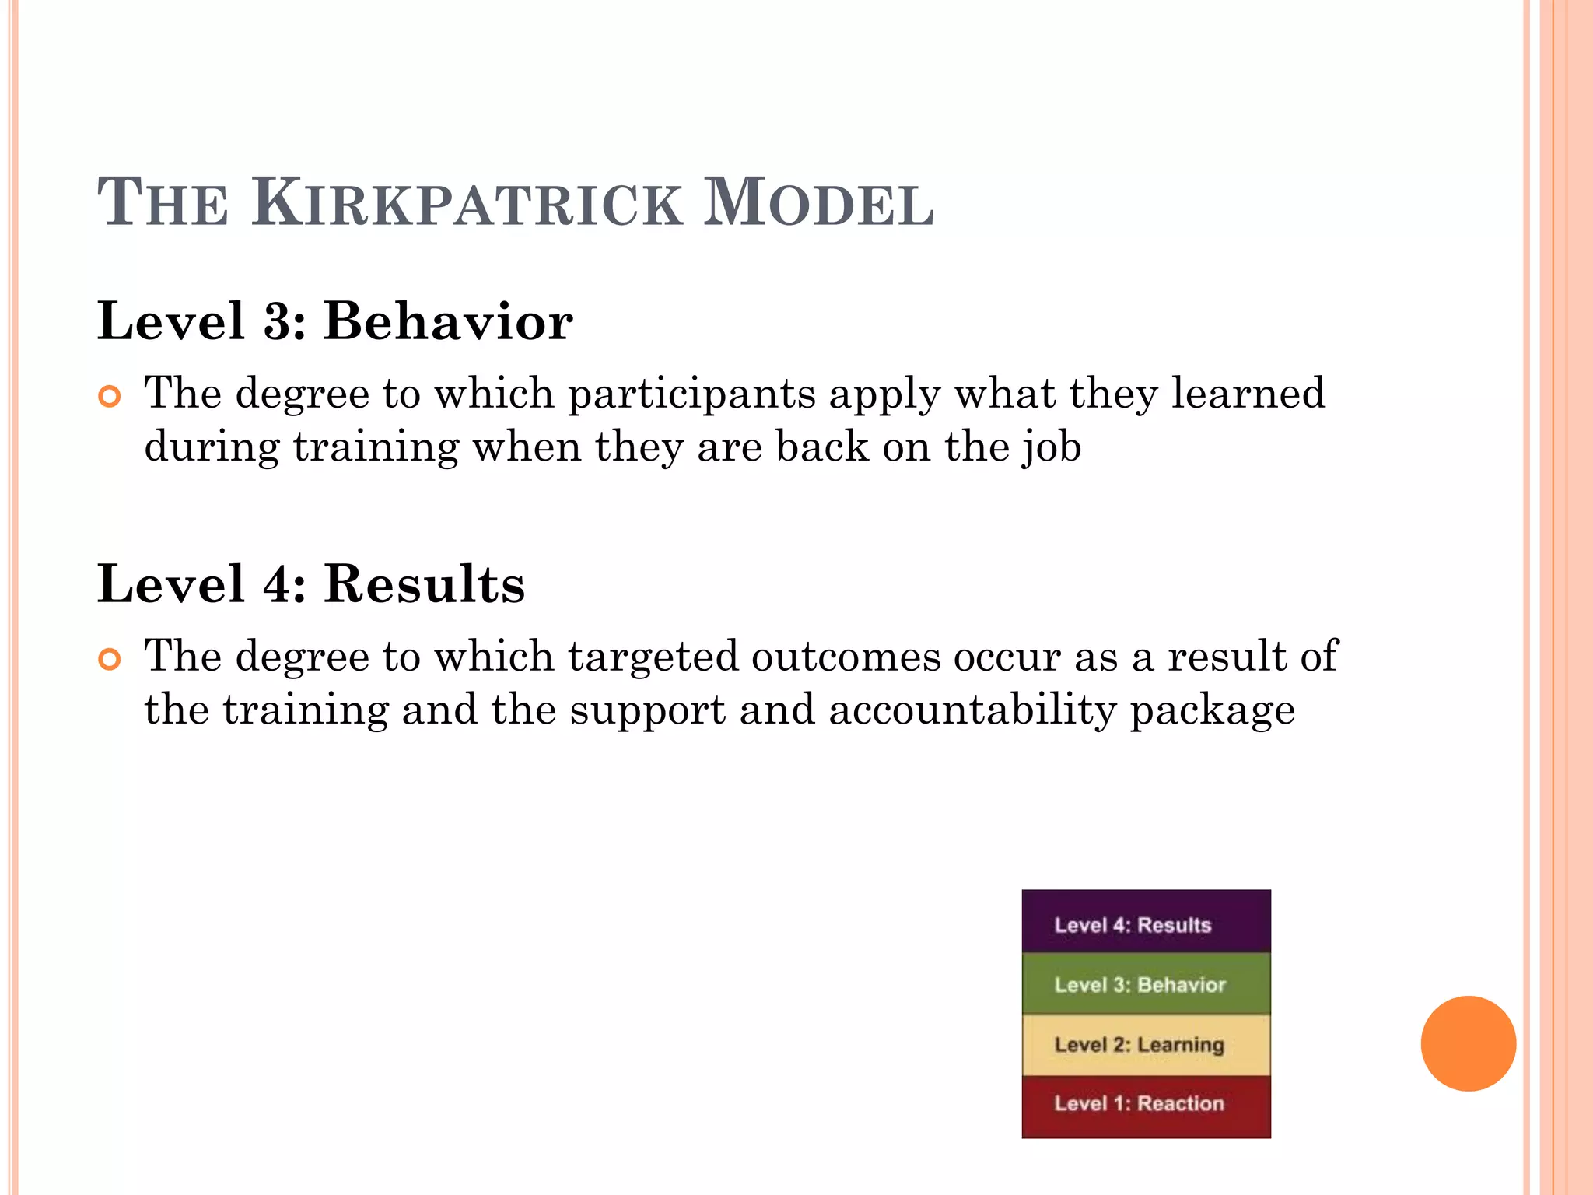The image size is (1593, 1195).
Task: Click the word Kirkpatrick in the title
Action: [467, 204]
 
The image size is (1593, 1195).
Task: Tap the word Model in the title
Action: [818, 204]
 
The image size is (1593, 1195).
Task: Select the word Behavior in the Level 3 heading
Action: [448, 321]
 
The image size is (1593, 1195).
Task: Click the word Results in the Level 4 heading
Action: [424, 584]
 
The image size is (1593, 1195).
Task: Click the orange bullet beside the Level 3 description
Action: [110, 397]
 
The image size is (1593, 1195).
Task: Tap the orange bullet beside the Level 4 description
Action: [110, 660]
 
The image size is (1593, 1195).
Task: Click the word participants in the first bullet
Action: [691, 394]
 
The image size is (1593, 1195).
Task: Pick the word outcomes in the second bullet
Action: [846, 657]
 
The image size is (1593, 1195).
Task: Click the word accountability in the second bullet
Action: [972, 710]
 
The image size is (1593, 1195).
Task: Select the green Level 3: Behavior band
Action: [1146, 984]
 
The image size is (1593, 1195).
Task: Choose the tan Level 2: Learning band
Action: [1146, 1045]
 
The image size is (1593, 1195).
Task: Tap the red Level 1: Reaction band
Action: [1146, 1106]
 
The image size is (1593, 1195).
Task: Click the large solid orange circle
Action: [1468, 1043]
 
